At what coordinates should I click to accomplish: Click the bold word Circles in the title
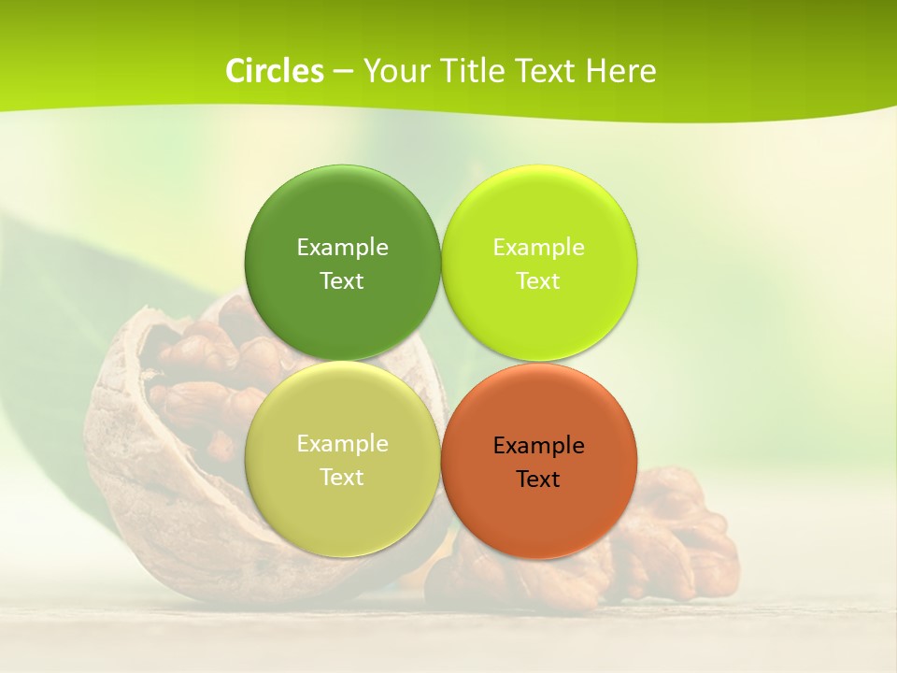[275, 71]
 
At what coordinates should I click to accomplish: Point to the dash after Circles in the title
[344, 71]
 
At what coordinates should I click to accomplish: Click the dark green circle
[343, 215]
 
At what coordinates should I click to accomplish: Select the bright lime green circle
[539, 215]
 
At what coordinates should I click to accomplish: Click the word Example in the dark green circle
[342, 247]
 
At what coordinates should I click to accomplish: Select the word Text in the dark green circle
[342, 280]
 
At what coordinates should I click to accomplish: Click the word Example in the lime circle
[538, 247]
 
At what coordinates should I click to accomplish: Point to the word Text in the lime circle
[538, 280]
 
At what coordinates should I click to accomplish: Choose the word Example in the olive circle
[342, 443]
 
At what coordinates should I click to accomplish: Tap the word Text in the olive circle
[342, 477]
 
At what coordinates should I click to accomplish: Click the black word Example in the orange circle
[538, 445]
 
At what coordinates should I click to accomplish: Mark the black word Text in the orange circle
[538, 479]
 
